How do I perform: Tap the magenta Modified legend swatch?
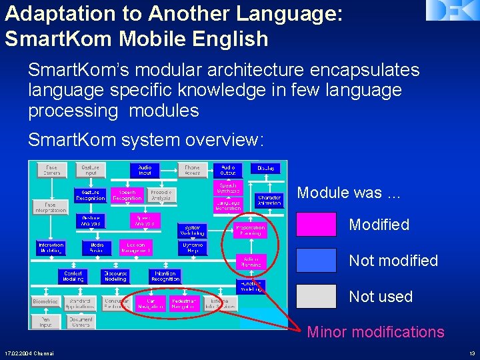point(316,225)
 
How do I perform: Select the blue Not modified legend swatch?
point(316,261)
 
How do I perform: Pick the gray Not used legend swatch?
point(316,297)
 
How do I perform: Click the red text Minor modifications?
point(375,332)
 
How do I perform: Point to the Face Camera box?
point(51,171)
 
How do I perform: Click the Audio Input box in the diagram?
point(145,171)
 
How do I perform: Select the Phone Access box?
point(192,171)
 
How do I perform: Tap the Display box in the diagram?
point(266,169)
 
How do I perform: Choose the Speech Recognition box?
point(127,195)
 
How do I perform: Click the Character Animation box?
point(270,201)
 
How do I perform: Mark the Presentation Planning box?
point(250,231)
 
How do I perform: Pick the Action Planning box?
point(251,261)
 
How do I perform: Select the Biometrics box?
point(45,302)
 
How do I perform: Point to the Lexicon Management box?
point(136,247)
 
